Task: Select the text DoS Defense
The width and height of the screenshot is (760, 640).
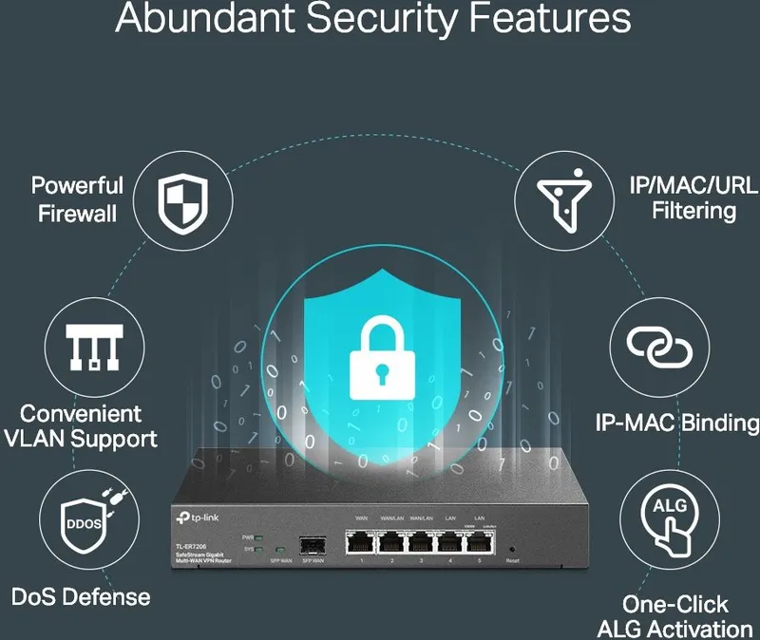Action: point(81,596)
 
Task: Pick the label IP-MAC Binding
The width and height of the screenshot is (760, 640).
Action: point(676,423)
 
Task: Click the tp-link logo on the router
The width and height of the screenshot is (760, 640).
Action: point(196,516)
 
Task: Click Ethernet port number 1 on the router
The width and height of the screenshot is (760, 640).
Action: point(362,542)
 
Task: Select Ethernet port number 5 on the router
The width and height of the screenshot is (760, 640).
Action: point(478,542)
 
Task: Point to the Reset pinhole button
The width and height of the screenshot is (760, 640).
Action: point(512,549)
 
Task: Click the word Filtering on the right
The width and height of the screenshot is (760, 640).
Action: point(693,211)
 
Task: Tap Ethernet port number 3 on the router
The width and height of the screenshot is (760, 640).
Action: point(420,542)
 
